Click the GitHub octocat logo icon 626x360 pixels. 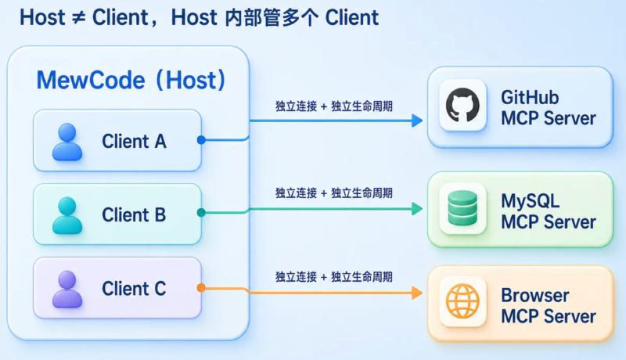tap(462, 105)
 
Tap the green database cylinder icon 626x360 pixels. tap(462, 208)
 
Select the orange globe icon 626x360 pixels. tap(462, 301)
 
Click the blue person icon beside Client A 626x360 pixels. tap(67, 142)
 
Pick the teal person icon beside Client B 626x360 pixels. tap(67, 215)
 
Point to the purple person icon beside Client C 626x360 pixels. tap(67, 290)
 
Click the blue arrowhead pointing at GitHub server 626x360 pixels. tap(417, 121)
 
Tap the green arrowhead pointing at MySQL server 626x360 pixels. tap(417, 208)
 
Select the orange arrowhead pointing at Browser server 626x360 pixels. tap(417, 293)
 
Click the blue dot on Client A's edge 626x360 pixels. tap(201, 139)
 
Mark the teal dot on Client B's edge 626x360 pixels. tap(201, 213)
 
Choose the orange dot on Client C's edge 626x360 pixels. tap(201, 288)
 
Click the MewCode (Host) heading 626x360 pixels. tap(131, 80)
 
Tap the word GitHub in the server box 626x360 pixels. tap(530, 97)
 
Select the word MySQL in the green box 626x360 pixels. tap(531, 202)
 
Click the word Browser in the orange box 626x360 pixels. tap(535, 296)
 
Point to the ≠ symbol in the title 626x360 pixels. tap(79, 18)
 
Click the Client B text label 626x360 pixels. tap(134, 214)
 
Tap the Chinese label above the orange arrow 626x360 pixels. tap(334, 276)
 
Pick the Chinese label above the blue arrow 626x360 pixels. tap(334, 106)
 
